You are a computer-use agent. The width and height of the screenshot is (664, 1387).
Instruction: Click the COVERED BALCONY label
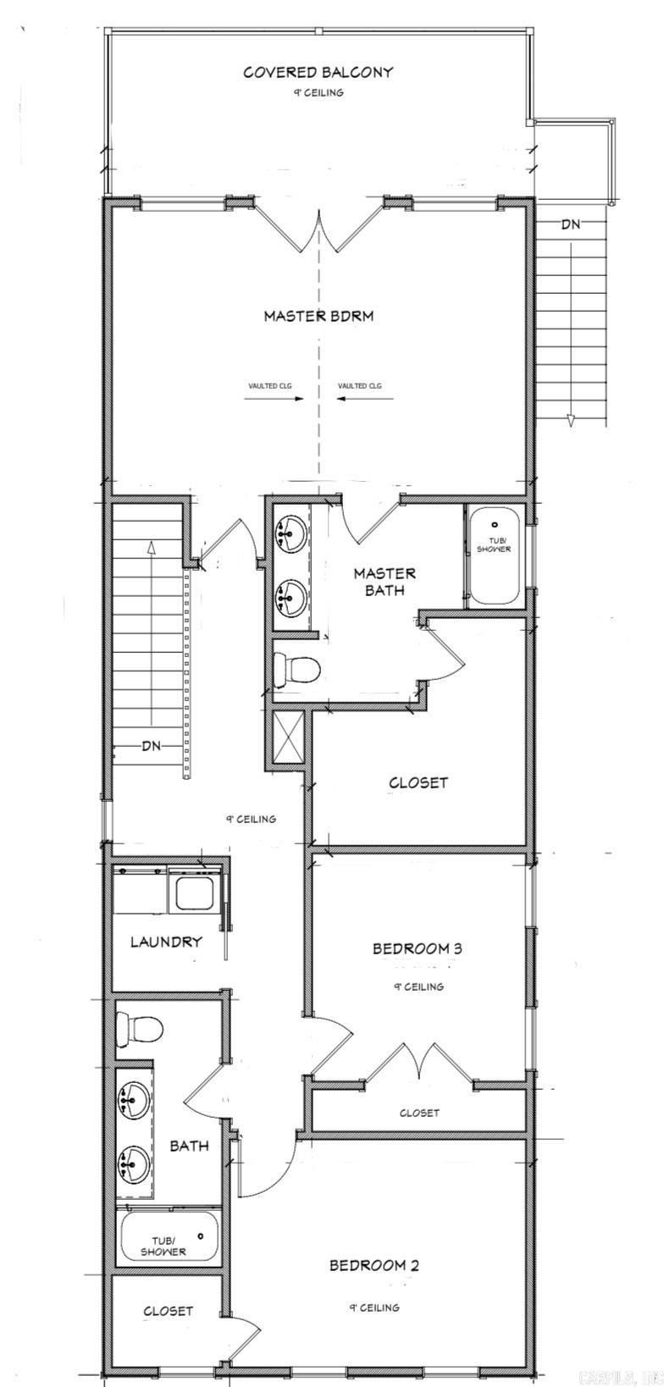[x=318, y=73]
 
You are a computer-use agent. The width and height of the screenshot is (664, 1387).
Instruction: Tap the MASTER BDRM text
[x=318, y=316]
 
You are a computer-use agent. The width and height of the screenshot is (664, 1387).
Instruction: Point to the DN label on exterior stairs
[x=571, y=225]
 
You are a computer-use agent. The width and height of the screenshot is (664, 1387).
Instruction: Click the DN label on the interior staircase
[x=152, y=746]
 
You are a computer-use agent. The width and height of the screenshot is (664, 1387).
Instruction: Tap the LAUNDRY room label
[x=166, y=941]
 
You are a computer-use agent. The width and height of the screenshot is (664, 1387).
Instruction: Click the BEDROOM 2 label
[x=373, y=1266]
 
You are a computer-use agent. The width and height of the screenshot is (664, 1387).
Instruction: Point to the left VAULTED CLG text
[x=269, y=386]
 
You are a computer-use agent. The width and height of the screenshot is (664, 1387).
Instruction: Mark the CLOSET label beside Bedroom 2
[x=168, y=1311]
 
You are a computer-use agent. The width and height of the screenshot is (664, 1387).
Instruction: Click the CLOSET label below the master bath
[x=418, y=783]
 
